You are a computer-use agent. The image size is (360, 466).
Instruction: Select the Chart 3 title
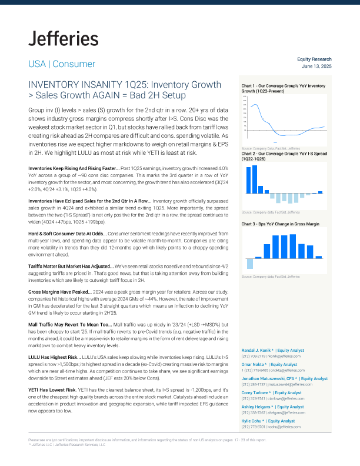281,225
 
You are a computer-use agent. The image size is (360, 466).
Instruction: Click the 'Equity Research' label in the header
315,59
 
